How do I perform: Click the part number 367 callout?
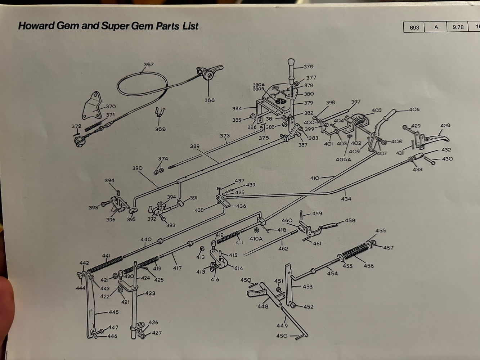pos(148,65)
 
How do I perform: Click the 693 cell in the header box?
pos(414,27)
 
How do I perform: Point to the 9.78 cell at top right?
pos(458,27)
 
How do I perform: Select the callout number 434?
pos(346,199)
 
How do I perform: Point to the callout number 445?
pos(113,312)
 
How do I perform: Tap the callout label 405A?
pos(343,159)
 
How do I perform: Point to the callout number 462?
pos(283,248)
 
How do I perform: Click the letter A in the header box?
pos(436,27)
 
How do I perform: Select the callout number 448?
pos(263,306)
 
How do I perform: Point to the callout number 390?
pos(137,168)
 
